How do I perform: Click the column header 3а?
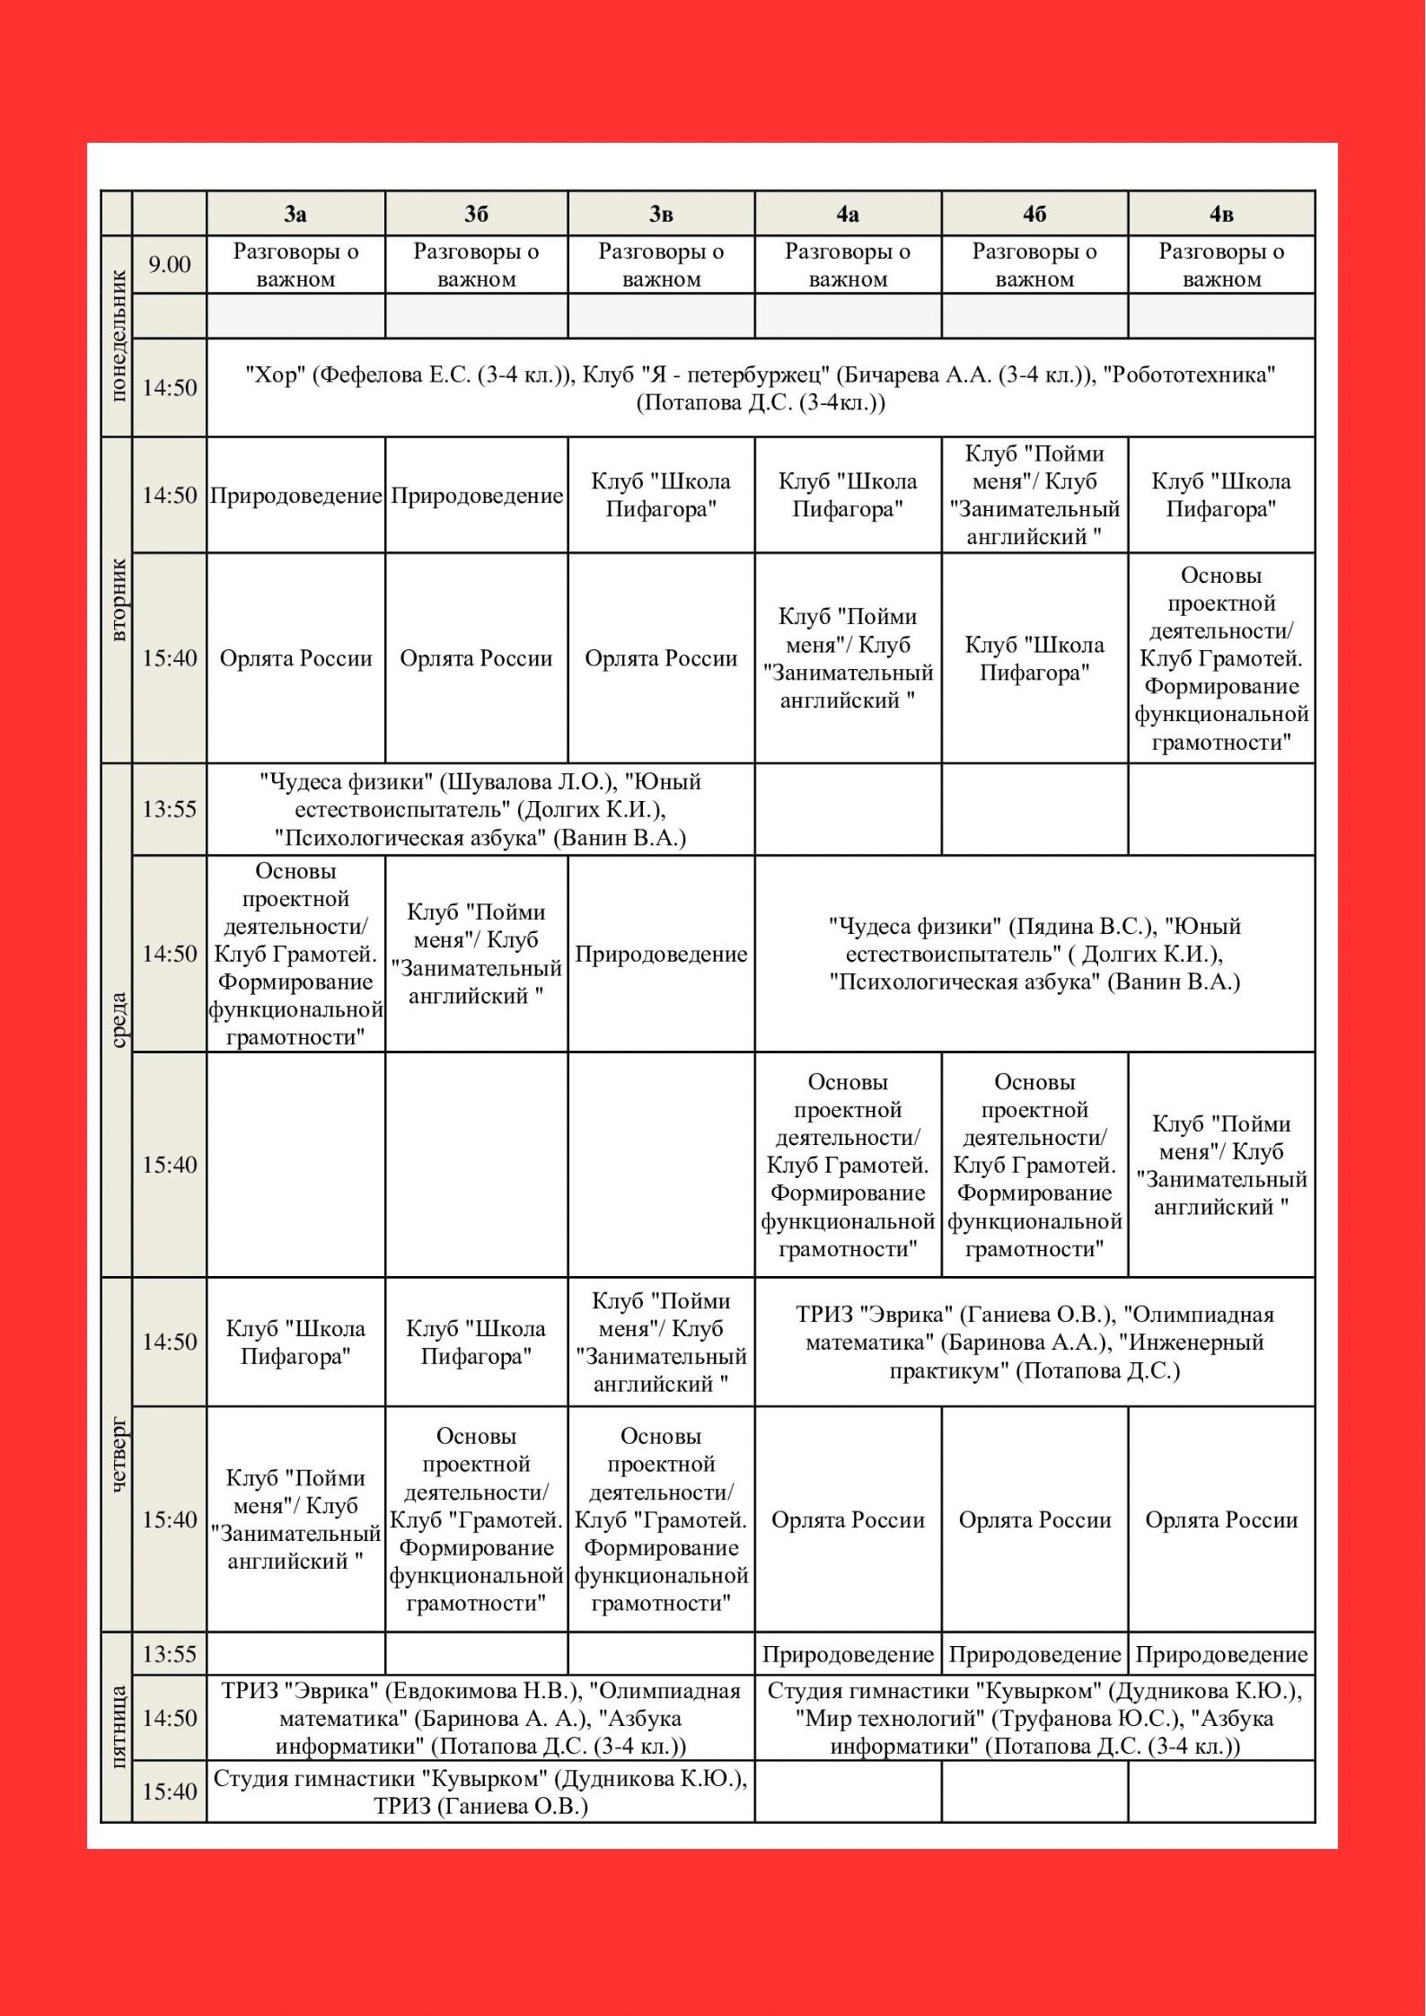295,214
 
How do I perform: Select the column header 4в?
1221,214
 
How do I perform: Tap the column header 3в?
661,214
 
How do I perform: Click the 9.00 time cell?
170,265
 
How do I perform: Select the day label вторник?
118,599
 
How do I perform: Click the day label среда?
118,1019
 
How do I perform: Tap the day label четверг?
118,1455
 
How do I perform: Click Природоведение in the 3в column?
661,954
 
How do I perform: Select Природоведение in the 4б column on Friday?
1034,1654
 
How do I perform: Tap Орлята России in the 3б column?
476,658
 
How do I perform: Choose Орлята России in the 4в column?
1221,1519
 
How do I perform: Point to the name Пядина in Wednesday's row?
1043,926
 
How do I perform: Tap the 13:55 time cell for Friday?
170,1653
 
